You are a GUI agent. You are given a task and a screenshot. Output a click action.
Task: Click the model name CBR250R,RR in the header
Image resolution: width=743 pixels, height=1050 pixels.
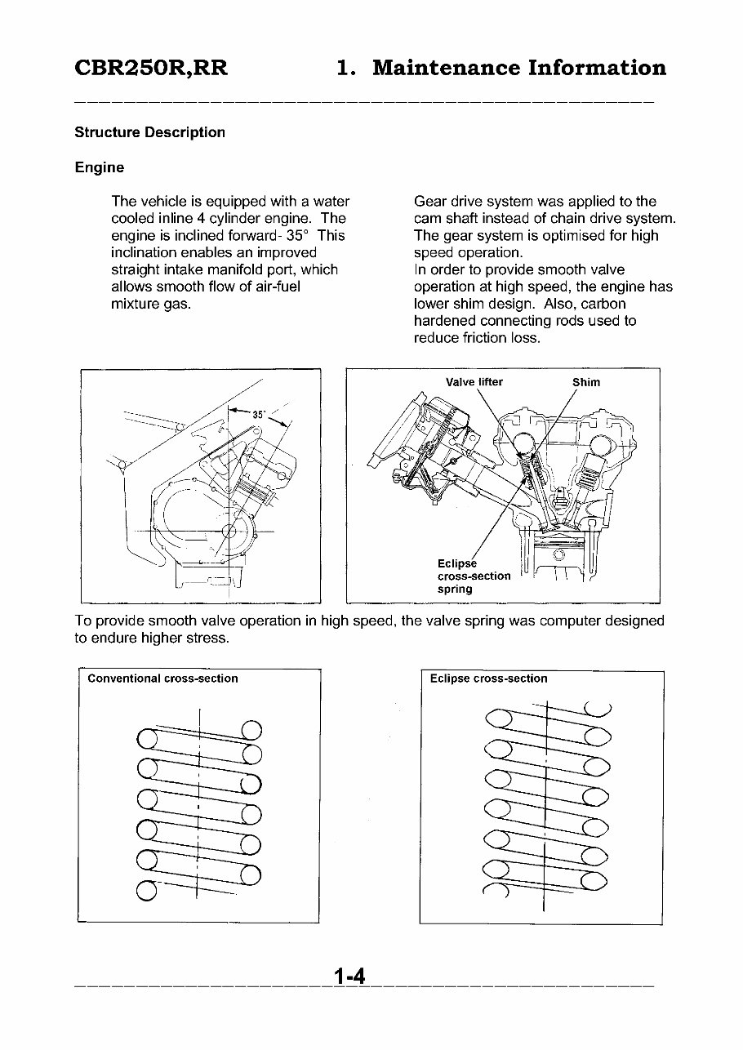(151, 68)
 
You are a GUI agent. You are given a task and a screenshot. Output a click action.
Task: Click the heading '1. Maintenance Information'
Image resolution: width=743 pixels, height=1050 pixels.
(501, 68)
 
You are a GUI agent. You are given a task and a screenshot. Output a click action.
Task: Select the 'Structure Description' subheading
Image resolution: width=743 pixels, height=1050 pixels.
(149, 132)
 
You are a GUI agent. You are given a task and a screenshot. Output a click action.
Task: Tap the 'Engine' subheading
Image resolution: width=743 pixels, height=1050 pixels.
(100, 167)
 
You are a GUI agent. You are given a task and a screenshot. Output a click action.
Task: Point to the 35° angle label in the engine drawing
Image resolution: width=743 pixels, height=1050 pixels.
(259, 414)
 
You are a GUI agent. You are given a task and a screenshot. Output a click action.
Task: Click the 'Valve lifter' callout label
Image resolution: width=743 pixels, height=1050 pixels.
(474, 382)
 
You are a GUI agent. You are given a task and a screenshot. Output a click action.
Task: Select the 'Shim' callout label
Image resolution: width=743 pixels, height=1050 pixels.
(586, 382)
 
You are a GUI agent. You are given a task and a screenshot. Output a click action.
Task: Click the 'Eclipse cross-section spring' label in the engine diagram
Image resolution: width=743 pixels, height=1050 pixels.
(474, 576)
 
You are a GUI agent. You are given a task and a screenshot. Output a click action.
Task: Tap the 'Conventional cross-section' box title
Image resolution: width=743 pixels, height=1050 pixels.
(162, 678)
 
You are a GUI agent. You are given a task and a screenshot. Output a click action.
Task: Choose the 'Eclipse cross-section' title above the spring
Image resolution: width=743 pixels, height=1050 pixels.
(488, 678)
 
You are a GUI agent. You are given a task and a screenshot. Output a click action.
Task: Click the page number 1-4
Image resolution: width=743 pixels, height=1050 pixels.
(349, 977)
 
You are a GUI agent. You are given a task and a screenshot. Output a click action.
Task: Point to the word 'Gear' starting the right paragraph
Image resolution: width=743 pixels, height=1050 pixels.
(430, 202)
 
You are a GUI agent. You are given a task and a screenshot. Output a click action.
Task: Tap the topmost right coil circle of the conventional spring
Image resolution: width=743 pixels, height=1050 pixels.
(251, 730)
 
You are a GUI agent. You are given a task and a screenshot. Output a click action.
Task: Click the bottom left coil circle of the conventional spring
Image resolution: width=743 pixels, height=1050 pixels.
(147, 889)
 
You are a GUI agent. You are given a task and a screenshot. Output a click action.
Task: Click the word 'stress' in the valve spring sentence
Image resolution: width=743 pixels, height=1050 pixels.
(207, 638)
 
